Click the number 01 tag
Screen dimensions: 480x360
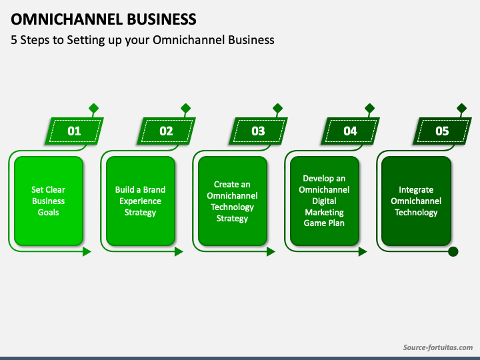click(x=75, y=131)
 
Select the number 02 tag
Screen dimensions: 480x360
click(x=166, y=131)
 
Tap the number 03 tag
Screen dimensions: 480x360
click(x=259, y=131)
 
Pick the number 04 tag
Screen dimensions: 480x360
click(x=350, y=131)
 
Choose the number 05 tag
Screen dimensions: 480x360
click(x=443, y=131)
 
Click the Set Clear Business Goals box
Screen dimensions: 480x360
click(x=49, y=201)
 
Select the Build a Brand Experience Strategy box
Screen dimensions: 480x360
click(x=141, y=201)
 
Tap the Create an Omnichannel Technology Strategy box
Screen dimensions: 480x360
click(x=233, y=201)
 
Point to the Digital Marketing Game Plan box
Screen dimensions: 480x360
click(x=325, y=201)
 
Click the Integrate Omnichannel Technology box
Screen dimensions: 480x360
click(x=416, y=201)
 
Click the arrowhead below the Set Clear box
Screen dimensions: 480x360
click(x=87, y=252)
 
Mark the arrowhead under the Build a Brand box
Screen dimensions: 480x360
click(x=179, y=252)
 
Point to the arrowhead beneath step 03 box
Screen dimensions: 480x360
click(x=271, y=252)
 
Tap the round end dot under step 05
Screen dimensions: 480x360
click(x=453, y=251)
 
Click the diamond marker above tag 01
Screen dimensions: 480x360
click(x=94, y=109)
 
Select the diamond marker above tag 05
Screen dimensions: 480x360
click(x=461, y=109)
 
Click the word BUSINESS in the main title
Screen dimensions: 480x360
click(x=161, y=19)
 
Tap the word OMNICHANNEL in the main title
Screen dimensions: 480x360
click(x=67, y=19)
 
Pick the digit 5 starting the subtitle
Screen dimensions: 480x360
click(x=14, y=40)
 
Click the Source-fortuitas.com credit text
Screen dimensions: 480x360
click(x=438, y=347)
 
